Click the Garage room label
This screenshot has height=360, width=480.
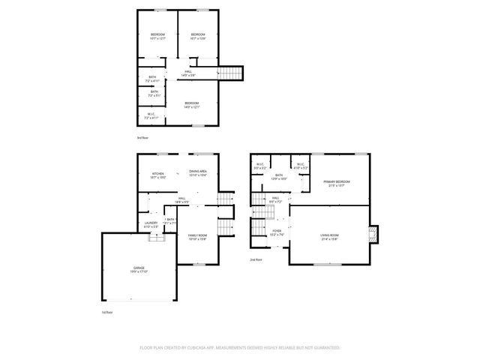139,268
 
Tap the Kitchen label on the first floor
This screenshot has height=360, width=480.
158,175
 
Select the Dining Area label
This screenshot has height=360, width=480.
198,172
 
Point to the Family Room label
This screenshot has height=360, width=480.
196,237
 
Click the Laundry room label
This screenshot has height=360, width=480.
151,224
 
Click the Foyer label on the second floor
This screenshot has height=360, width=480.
277,232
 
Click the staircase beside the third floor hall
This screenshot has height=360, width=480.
232,73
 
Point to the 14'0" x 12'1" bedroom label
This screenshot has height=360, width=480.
192,105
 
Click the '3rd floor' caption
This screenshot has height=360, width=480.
142,139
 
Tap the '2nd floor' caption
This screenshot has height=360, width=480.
256,259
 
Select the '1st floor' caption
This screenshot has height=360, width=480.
107,312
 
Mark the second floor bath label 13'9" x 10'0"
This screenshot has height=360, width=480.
279,178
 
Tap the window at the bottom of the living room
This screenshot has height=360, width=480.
324,264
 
